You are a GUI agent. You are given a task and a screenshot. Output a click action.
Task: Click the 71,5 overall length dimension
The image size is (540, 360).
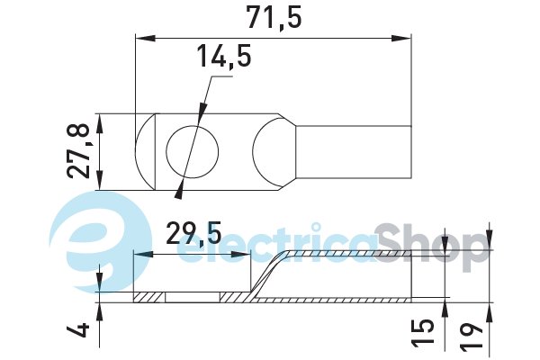point(274,18)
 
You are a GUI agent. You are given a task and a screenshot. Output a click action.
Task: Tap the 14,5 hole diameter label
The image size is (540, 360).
point(224,56)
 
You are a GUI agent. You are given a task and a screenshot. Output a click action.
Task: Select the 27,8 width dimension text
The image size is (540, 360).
point(79,151)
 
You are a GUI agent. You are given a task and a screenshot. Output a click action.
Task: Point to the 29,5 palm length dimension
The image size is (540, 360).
point(193,234)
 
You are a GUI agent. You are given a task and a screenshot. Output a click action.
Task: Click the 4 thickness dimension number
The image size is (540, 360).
point(78,330)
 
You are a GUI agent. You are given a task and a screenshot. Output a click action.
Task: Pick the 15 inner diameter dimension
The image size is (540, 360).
point(423,331)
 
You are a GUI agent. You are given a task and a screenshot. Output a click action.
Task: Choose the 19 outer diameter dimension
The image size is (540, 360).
point(472,333)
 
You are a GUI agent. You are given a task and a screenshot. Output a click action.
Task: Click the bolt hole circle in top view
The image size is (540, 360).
point(193,152)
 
